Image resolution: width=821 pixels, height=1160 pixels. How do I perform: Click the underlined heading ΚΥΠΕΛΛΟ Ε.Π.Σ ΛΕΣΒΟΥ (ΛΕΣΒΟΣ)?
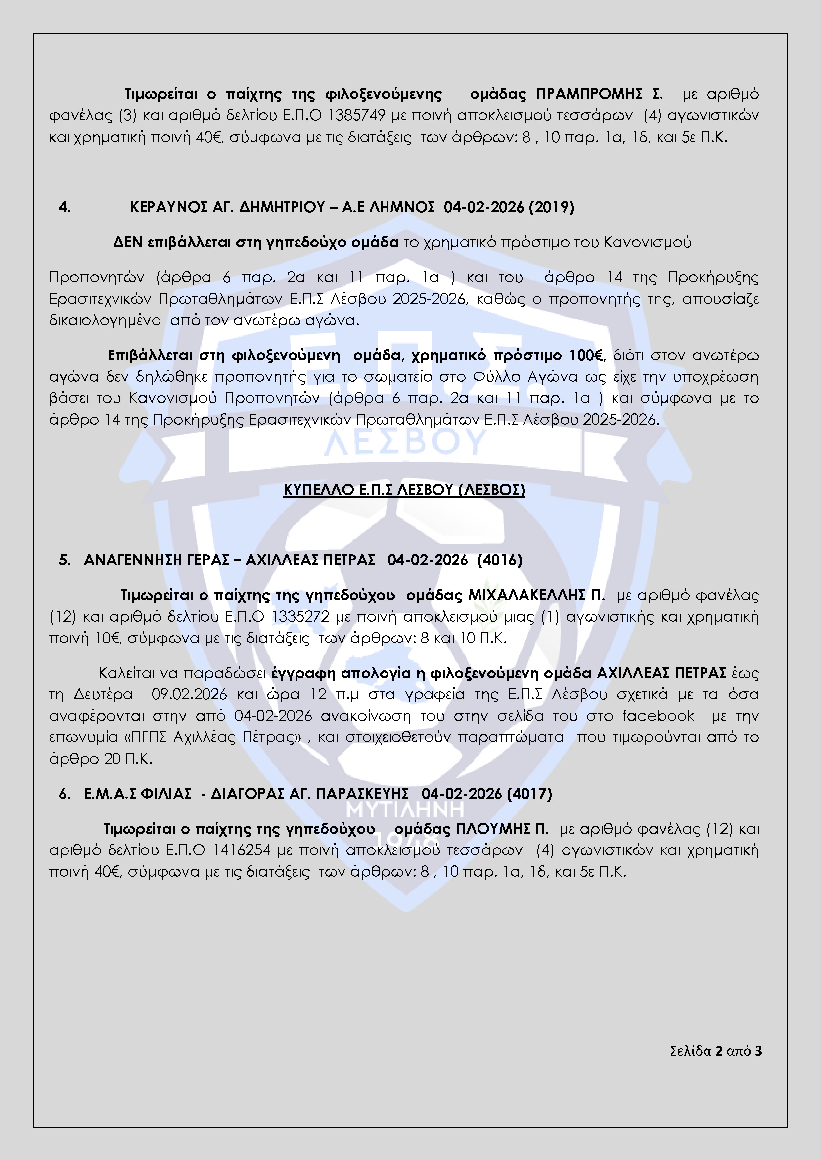[404, 490]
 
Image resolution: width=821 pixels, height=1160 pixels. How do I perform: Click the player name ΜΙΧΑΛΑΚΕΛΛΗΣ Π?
[536, 596]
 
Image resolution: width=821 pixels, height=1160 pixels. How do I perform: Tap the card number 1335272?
[301, 617]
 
